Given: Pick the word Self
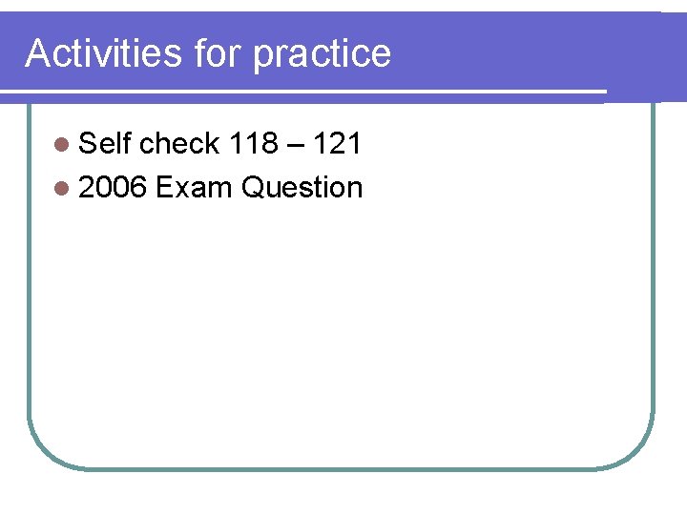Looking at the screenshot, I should click(x=105, y=144).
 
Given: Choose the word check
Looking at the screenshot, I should click(x=179, y=144).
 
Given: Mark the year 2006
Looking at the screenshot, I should click(x=113, y=188).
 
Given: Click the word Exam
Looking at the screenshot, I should click(x=194, y=188).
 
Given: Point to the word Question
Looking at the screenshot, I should click(x=302, y=189).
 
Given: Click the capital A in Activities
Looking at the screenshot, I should click(x=36, y=53).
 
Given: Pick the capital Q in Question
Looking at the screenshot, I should click(x=252, y=188).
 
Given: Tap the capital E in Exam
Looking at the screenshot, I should click(x=163, y=188).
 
